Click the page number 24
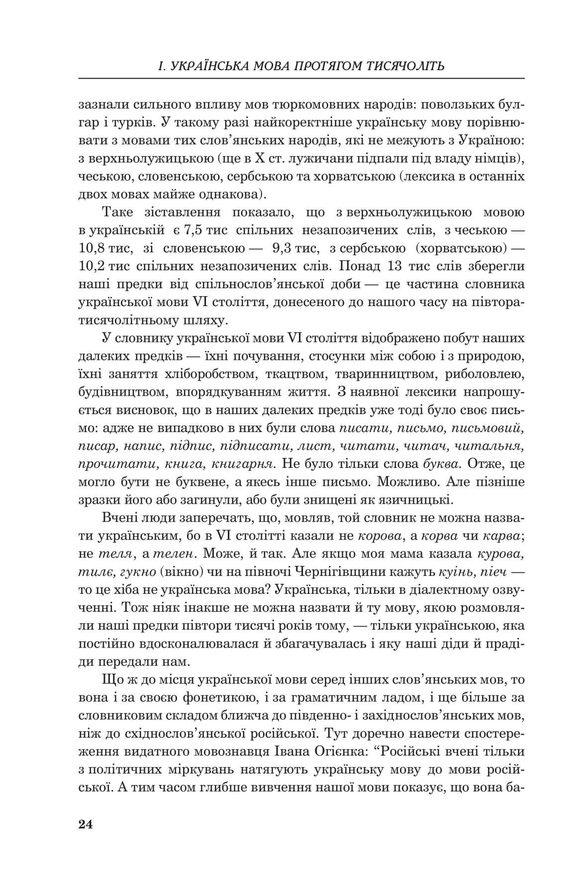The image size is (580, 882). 86,824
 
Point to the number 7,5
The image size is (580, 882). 199,230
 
